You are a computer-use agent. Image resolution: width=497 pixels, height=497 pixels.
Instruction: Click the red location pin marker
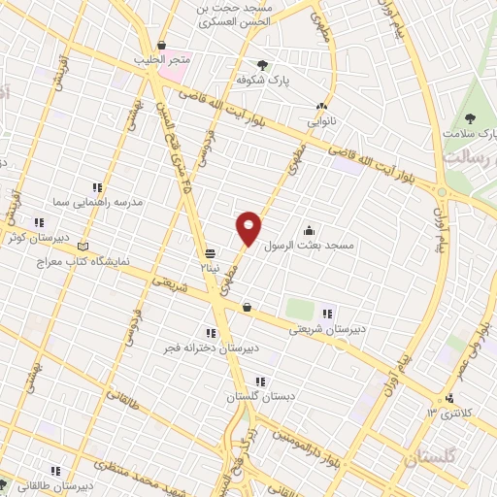[248, 228]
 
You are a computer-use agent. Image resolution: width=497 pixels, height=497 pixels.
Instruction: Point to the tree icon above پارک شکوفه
[262, 65]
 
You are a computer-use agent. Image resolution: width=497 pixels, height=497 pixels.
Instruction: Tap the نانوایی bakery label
[320, 122]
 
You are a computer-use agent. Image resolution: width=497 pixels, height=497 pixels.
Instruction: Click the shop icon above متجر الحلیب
[161, 46]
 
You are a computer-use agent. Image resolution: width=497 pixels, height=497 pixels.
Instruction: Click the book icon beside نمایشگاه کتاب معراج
[83, 246]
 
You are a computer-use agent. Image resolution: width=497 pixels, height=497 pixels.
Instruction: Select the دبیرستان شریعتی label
[328, 329]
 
